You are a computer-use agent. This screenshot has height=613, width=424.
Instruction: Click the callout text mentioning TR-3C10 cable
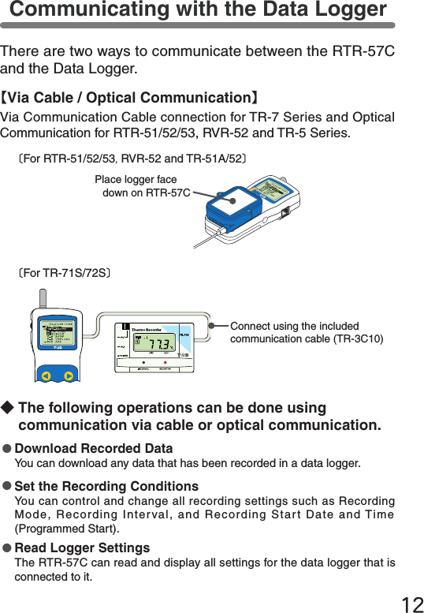(x=307, y=333)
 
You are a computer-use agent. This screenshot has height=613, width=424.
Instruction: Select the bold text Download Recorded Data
(x=94, y=449)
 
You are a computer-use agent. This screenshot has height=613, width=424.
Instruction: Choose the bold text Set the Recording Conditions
(x=106, y=486)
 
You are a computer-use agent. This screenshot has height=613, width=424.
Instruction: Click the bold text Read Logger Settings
(x=82, y=548)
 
